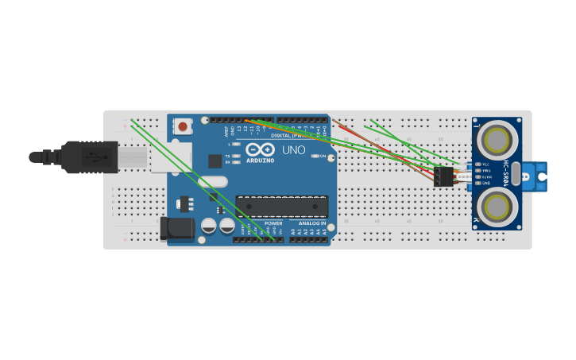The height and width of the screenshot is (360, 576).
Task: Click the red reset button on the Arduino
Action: point(184,126)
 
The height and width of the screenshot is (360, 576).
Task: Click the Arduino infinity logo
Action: point(260,149)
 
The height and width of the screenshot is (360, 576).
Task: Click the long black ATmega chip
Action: point(281,207)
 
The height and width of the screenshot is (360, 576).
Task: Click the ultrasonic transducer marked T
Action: point(497,141)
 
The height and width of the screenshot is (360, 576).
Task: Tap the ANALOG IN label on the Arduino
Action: point(312,223)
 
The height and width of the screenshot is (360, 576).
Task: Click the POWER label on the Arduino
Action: point(273,223)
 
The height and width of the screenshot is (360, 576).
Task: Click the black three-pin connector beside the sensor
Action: point(443,176)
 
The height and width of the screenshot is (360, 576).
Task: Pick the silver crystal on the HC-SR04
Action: point(516,173)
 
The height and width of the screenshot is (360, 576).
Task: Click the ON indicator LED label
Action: point(323,157)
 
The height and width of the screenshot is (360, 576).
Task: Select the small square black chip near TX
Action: point(215,161)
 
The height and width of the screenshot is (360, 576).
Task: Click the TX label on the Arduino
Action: point(227,157)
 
